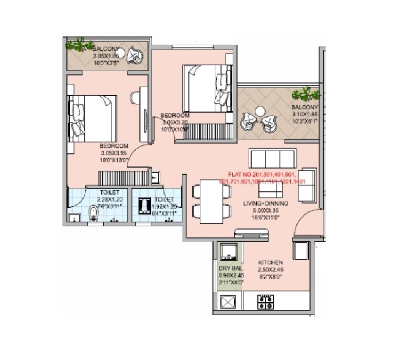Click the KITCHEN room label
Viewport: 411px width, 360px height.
click(271, 263)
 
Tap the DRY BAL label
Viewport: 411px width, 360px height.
click(229, 269)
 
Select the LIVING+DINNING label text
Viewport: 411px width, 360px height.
click(266, 204)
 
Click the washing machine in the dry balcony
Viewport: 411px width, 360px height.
click(227, 251)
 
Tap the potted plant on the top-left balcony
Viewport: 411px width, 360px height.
click(78, 45)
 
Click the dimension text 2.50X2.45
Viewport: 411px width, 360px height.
click(271, 269)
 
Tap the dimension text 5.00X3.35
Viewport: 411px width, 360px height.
click(266, 210)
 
